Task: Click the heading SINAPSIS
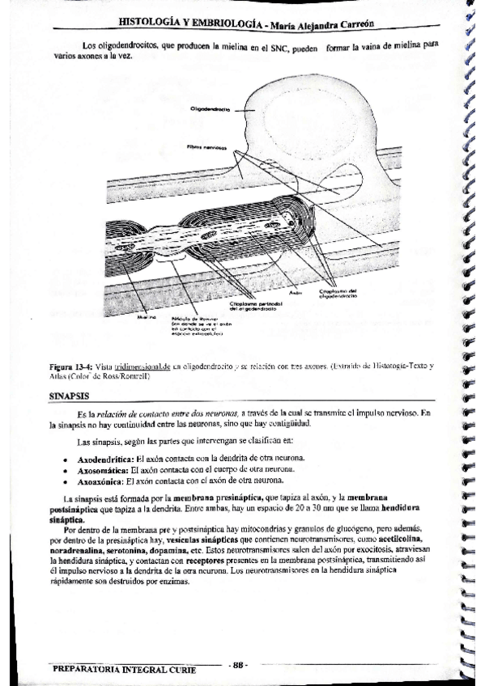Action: [x=71, y=396]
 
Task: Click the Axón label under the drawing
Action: [x=295, y=292]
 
